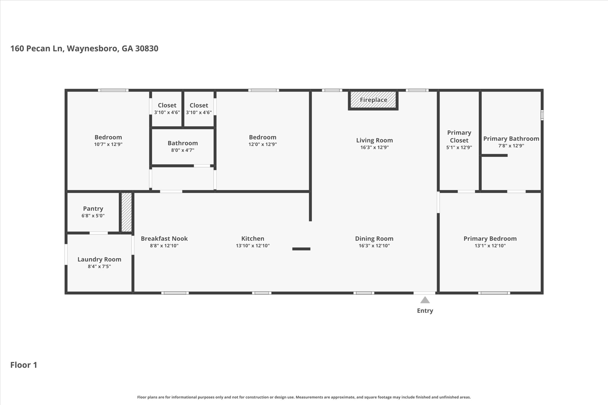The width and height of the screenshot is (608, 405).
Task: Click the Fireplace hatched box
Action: tap(373, 100)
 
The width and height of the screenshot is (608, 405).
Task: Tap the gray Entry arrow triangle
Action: tap(425, 300)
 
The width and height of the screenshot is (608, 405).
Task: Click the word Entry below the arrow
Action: tap(425, 311)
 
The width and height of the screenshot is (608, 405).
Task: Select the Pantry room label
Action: tap(93, 209)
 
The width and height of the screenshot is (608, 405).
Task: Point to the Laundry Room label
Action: tap(99, 259)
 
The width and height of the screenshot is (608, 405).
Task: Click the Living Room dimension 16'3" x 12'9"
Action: tap(374, 147)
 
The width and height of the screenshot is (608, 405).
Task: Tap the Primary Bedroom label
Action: tap(490, 239)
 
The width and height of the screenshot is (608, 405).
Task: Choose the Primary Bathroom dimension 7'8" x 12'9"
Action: tap(511, 146)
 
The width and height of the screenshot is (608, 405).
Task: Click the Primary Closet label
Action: tap(459, 136)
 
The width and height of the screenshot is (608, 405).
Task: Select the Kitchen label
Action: tap(253, 239)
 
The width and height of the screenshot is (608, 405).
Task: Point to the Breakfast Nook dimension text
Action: tap(164, 246)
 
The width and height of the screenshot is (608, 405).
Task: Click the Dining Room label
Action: tap(374, 239)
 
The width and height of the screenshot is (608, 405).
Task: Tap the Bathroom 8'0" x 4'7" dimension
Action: tap(183, 150)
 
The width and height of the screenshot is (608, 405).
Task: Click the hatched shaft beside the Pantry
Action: tap(126, 212)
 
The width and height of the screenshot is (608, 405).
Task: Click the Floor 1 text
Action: tap(24, 365)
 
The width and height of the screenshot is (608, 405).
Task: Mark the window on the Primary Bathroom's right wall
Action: tap(542, 115)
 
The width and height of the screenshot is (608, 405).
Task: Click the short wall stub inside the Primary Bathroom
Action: tap(494, 155)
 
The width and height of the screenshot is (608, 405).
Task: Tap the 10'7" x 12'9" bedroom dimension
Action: tap(108, 144)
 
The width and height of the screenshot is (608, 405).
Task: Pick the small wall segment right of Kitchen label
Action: tap(301, 249)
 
